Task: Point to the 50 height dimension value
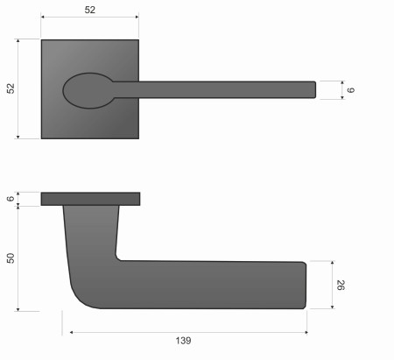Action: [10, 258]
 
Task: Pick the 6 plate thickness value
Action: [10, 199]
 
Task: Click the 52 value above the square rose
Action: [89, 10]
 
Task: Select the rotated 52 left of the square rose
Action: [10, 88]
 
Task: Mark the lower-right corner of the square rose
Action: [137, 138]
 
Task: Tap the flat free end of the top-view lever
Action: [314, 88]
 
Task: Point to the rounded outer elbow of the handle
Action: [77, 296]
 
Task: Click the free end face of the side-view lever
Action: [306, 285]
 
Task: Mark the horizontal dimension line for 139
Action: [189, 332]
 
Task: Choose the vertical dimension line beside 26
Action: [333, 285]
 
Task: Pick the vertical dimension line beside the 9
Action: [340, 88]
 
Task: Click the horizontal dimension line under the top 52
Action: [89, 18]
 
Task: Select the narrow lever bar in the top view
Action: [219, 88]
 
